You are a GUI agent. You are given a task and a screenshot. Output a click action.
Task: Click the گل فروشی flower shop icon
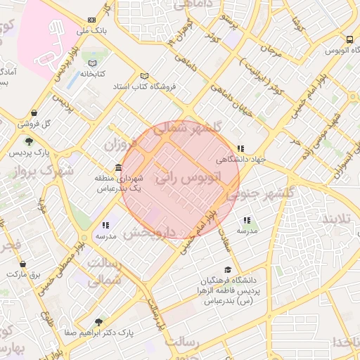34,113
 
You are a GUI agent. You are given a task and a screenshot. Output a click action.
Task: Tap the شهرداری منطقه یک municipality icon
117,169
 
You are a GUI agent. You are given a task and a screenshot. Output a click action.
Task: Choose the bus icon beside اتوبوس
349,41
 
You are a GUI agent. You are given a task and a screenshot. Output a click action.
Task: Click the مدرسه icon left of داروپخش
105,225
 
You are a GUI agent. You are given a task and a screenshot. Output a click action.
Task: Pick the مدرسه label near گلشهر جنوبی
247,231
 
